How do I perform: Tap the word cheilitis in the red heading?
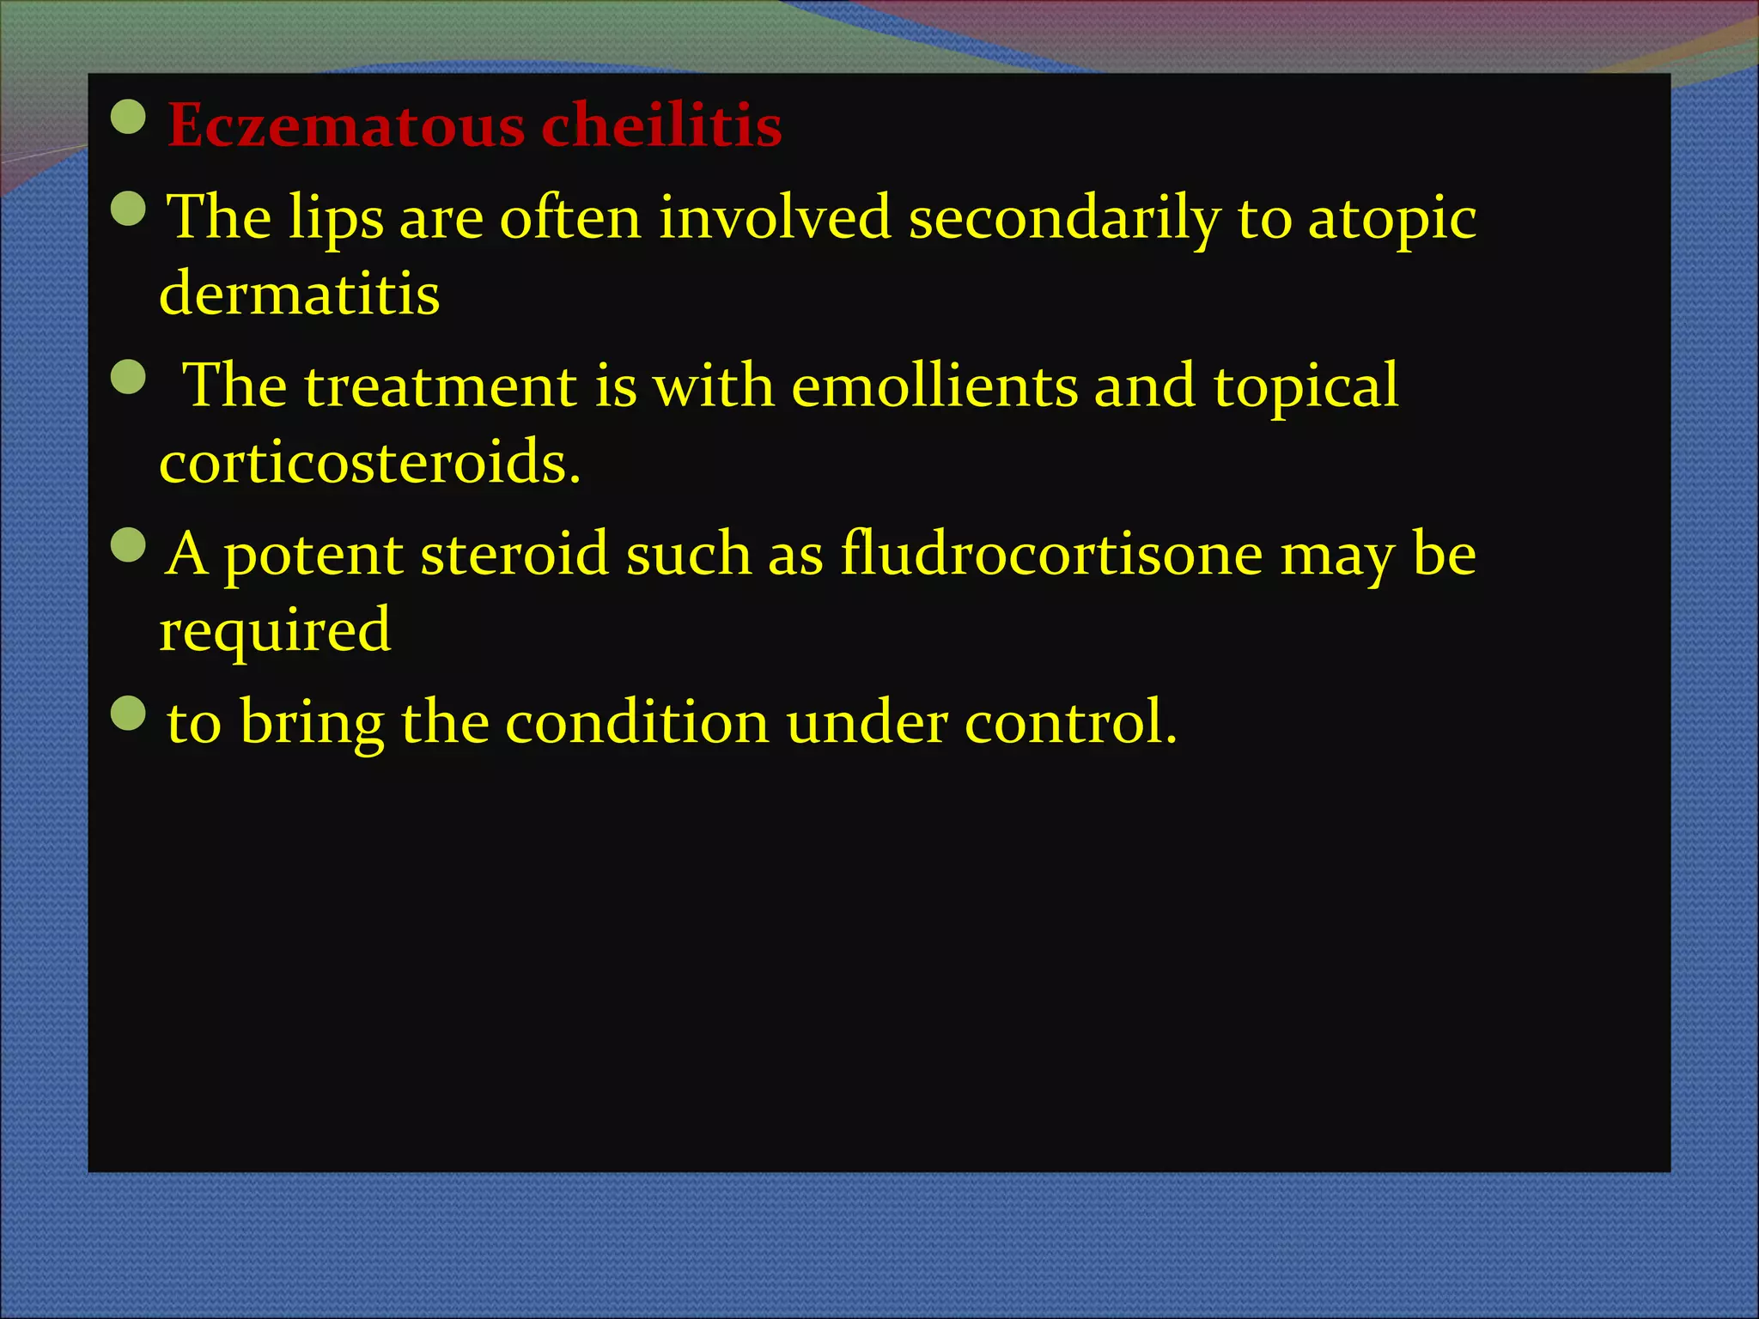coord(661,125)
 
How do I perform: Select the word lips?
coord(336,219)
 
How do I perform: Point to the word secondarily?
coord(1064,217)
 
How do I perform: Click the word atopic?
coord(1391,219)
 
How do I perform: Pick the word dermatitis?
coord(300,294)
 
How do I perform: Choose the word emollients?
coord(934,386)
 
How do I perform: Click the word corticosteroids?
coord(369,462)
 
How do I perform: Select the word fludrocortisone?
coord(1051,554)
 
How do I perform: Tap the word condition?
coord(636,723)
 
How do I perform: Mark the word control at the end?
coord(1070,723)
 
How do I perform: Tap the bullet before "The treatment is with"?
coord(129,376)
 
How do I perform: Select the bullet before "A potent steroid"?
coord(129,544)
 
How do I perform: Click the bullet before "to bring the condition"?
coord(129,713)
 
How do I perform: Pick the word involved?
coord(775,217)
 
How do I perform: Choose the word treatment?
coord(441,386)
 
